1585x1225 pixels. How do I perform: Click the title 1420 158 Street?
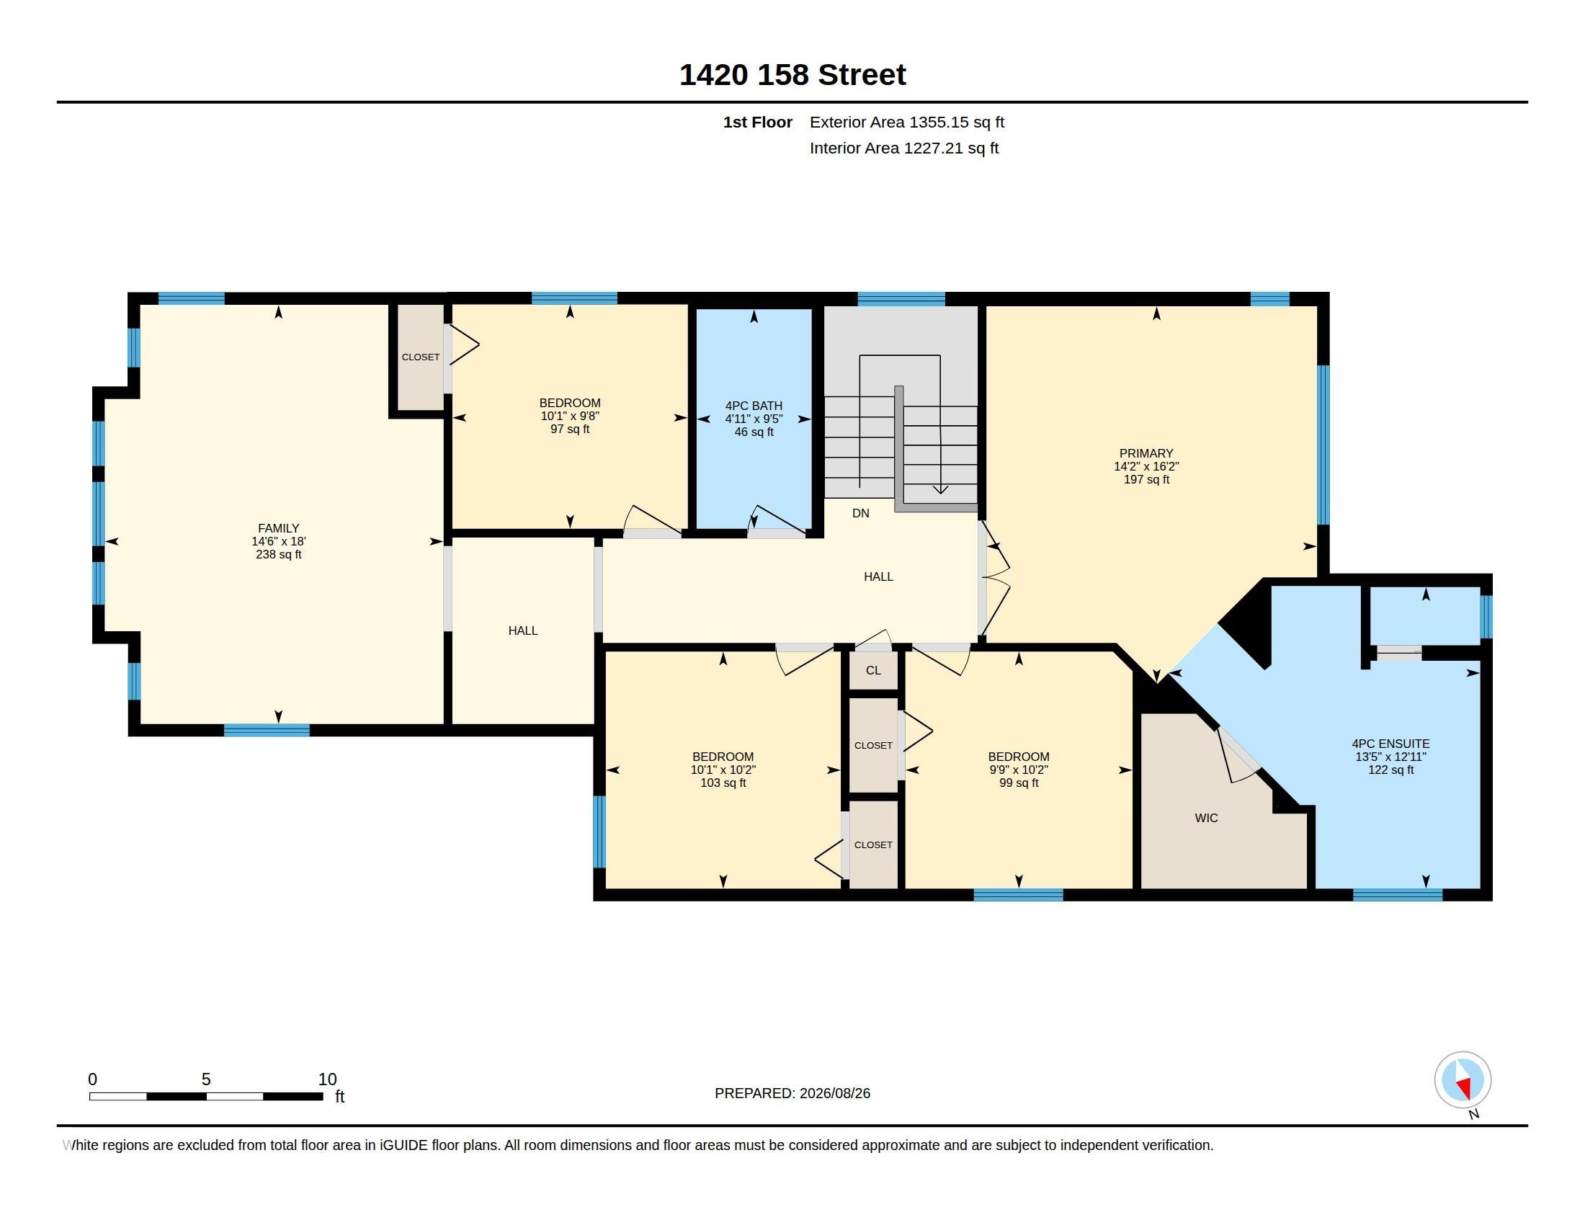coord(792,75)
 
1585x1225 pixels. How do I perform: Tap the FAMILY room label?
coord(279,528)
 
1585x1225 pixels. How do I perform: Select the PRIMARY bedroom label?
coord(1146,453)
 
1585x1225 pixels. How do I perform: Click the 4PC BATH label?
coord(754,406)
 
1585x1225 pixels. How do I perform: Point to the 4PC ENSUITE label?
coord(1390,744)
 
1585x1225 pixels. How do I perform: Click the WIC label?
coord(1206,818)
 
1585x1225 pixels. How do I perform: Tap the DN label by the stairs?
coord(861,513)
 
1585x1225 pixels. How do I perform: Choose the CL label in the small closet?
coord(873,670)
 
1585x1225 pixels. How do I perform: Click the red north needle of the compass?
coord(1464,1087)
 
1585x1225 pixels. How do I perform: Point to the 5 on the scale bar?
coord(206,1079)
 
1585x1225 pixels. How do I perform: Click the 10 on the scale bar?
coord(327,1079)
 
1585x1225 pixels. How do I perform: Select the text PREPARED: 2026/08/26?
coord(792,1093)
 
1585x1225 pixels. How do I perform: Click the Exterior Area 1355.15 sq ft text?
coord(907,122)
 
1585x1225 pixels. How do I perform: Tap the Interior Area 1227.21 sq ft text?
coord(904,148)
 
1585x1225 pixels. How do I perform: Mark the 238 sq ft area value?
coord(279,554)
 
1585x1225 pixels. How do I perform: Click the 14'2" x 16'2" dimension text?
coord(1147,466)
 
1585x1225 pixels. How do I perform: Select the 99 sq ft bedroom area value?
coord(1019,783)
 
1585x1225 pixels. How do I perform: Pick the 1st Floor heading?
coord(758,122)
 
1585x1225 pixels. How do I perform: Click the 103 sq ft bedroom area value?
coord(723,783)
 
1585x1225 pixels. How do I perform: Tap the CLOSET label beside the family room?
coord(421,357)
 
